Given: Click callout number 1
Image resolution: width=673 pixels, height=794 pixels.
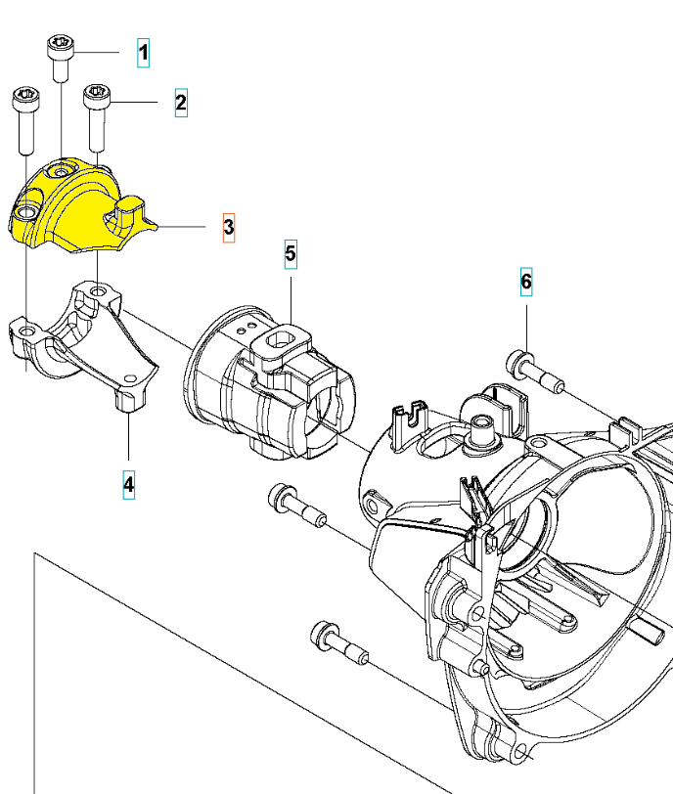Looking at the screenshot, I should coord(144,52).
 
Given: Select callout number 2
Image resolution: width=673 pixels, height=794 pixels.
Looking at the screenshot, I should coord(181,102).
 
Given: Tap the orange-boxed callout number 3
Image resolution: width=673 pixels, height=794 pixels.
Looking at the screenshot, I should coord(228,227).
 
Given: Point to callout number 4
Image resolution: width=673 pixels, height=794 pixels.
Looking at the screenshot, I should coord(129,484).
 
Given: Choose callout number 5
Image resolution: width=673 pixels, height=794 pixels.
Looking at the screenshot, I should coord(291,254).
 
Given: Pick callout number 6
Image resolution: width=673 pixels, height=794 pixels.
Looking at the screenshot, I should coord(526,283).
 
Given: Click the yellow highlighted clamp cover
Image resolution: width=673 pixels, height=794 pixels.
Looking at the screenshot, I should coord(78,210).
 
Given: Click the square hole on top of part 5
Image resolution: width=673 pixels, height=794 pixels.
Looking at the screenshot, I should coord(282,338).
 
